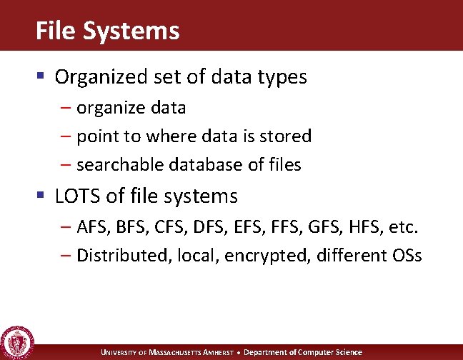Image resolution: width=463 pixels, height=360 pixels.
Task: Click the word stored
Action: point(289,136)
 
